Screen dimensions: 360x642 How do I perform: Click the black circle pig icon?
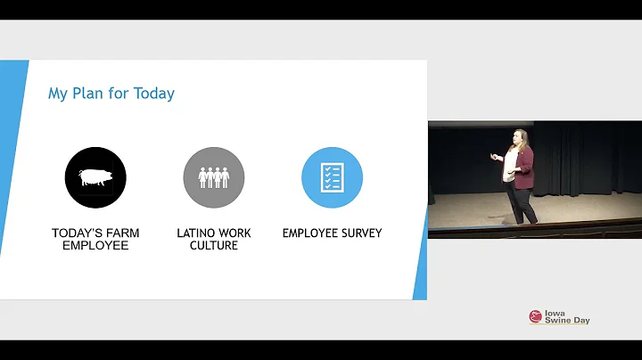tap(95, 177)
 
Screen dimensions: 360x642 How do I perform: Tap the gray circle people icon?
tap(214, 177)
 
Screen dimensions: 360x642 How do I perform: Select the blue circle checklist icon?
tap(332, 177)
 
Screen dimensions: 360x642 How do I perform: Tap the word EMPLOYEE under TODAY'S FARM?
tap(95, 246)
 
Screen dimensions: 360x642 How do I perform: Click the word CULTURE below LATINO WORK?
tap(214, 246)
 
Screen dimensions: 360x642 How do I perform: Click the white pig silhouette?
tap(95, 177)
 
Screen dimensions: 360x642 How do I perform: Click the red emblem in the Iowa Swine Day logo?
tap(535, 316)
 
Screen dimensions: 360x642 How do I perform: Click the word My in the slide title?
tap(58, 94)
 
